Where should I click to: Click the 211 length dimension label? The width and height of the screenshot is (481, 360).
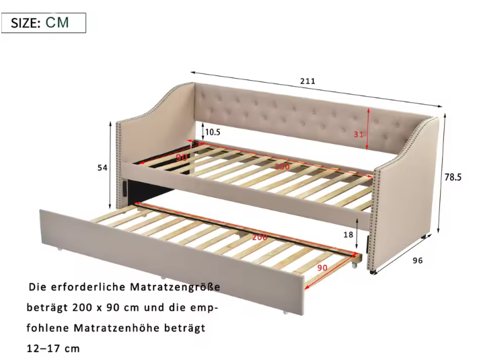pos(307,81)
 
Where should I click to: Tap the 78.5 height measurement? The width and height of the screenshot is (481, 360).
pos(453,178)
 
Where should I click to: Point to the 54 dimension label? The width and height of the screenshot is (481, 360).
pos(102,168)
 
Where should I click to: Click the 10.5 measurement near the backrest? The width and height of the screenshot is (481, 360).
pos(213,133)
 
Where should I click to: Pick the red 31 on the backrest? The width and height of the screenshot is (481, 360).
pos(359,134)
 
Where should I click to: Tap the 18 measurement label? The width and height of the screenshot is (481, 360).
pos(348,235)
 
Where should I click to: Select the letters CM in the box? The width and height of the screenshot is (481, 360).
pos(57,23)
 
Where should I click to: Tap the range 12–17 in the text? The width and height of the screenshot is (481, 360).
pos(44,349)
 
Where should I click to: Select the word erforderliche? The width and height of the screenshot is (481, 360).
pos(86,287)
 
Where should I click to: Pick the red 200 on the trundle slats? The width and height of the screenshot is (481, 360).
pos(258,238)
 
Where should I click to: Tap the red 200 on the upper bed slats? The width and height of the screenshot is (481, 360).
pos(282,166)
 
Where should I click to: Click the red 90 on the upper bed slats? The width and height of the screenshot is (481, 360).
pos(180,157)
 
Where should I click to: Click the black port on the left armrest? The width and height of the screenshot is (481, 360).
pos(126,188)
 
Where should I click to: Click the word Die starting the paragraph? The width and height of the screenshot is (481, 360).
pos(38,287)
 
